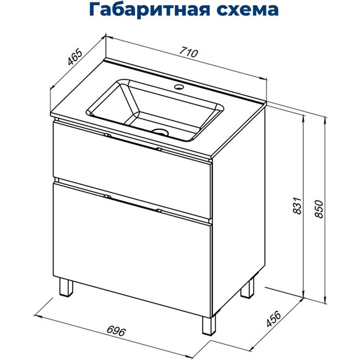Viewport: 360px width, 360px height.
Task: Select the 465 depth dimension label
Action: tap(75, 57)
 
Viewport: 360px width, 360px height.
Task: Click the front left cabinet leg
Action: tap(66, 287)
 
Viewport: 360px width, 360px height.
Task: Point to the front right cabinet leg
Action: tap(208, 325)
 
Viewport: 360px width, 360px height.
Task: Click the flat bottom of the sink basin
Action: tap(171, 117)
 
